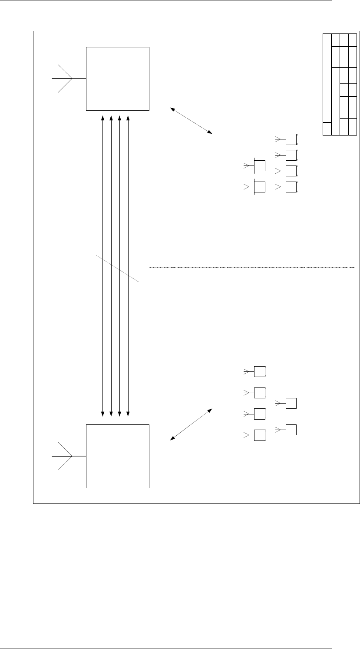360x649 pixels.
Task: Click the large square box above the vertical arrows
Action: click(118, 79)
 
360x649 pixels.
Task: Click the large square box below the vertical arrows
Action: click(118, 457)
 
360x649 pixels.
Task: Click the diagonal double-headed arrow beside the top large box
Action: click(191, 120)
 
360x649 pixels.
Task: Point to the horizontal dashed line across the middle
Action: click(252, 267)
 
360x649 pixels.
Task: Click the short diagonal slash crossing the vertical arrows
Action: click(118, 269)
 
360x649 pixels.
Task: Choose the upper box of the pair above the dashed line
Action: click(259, 166)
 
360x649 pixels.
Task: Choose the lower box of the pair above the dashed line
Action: click(259, 187)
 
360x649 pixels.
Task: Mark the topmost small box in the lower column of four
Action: click(259, 372)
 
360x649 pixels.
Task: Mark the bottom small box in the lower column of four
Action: click(259, 435)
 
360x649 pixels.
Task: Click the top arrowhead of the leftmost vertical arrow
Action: click(102, 117)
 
